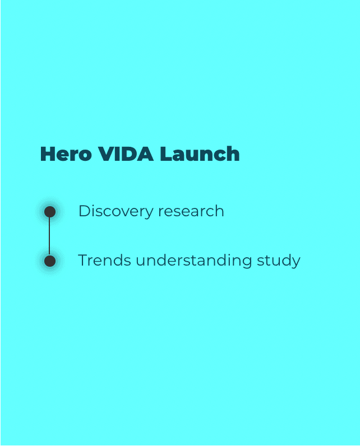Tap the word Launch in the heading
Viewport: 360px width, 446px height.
[x=200, y=154]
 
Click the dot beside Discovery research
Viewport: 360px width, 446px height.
[x=50, y=212]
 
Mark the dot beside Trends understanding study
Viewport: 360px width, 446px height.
[x=50, y=261]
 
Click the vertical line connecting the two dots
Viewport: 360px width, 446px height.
[x=50, y=236]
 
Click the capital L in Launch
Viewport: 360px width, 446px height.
[x=165, y=154]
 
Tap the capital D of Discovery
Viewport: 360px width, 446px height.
[x=84, y=211]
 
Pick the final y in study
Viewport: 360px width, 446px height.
[x=296, y=262]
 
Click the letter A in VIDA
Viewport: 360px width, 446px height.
[x=145, y=154]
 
